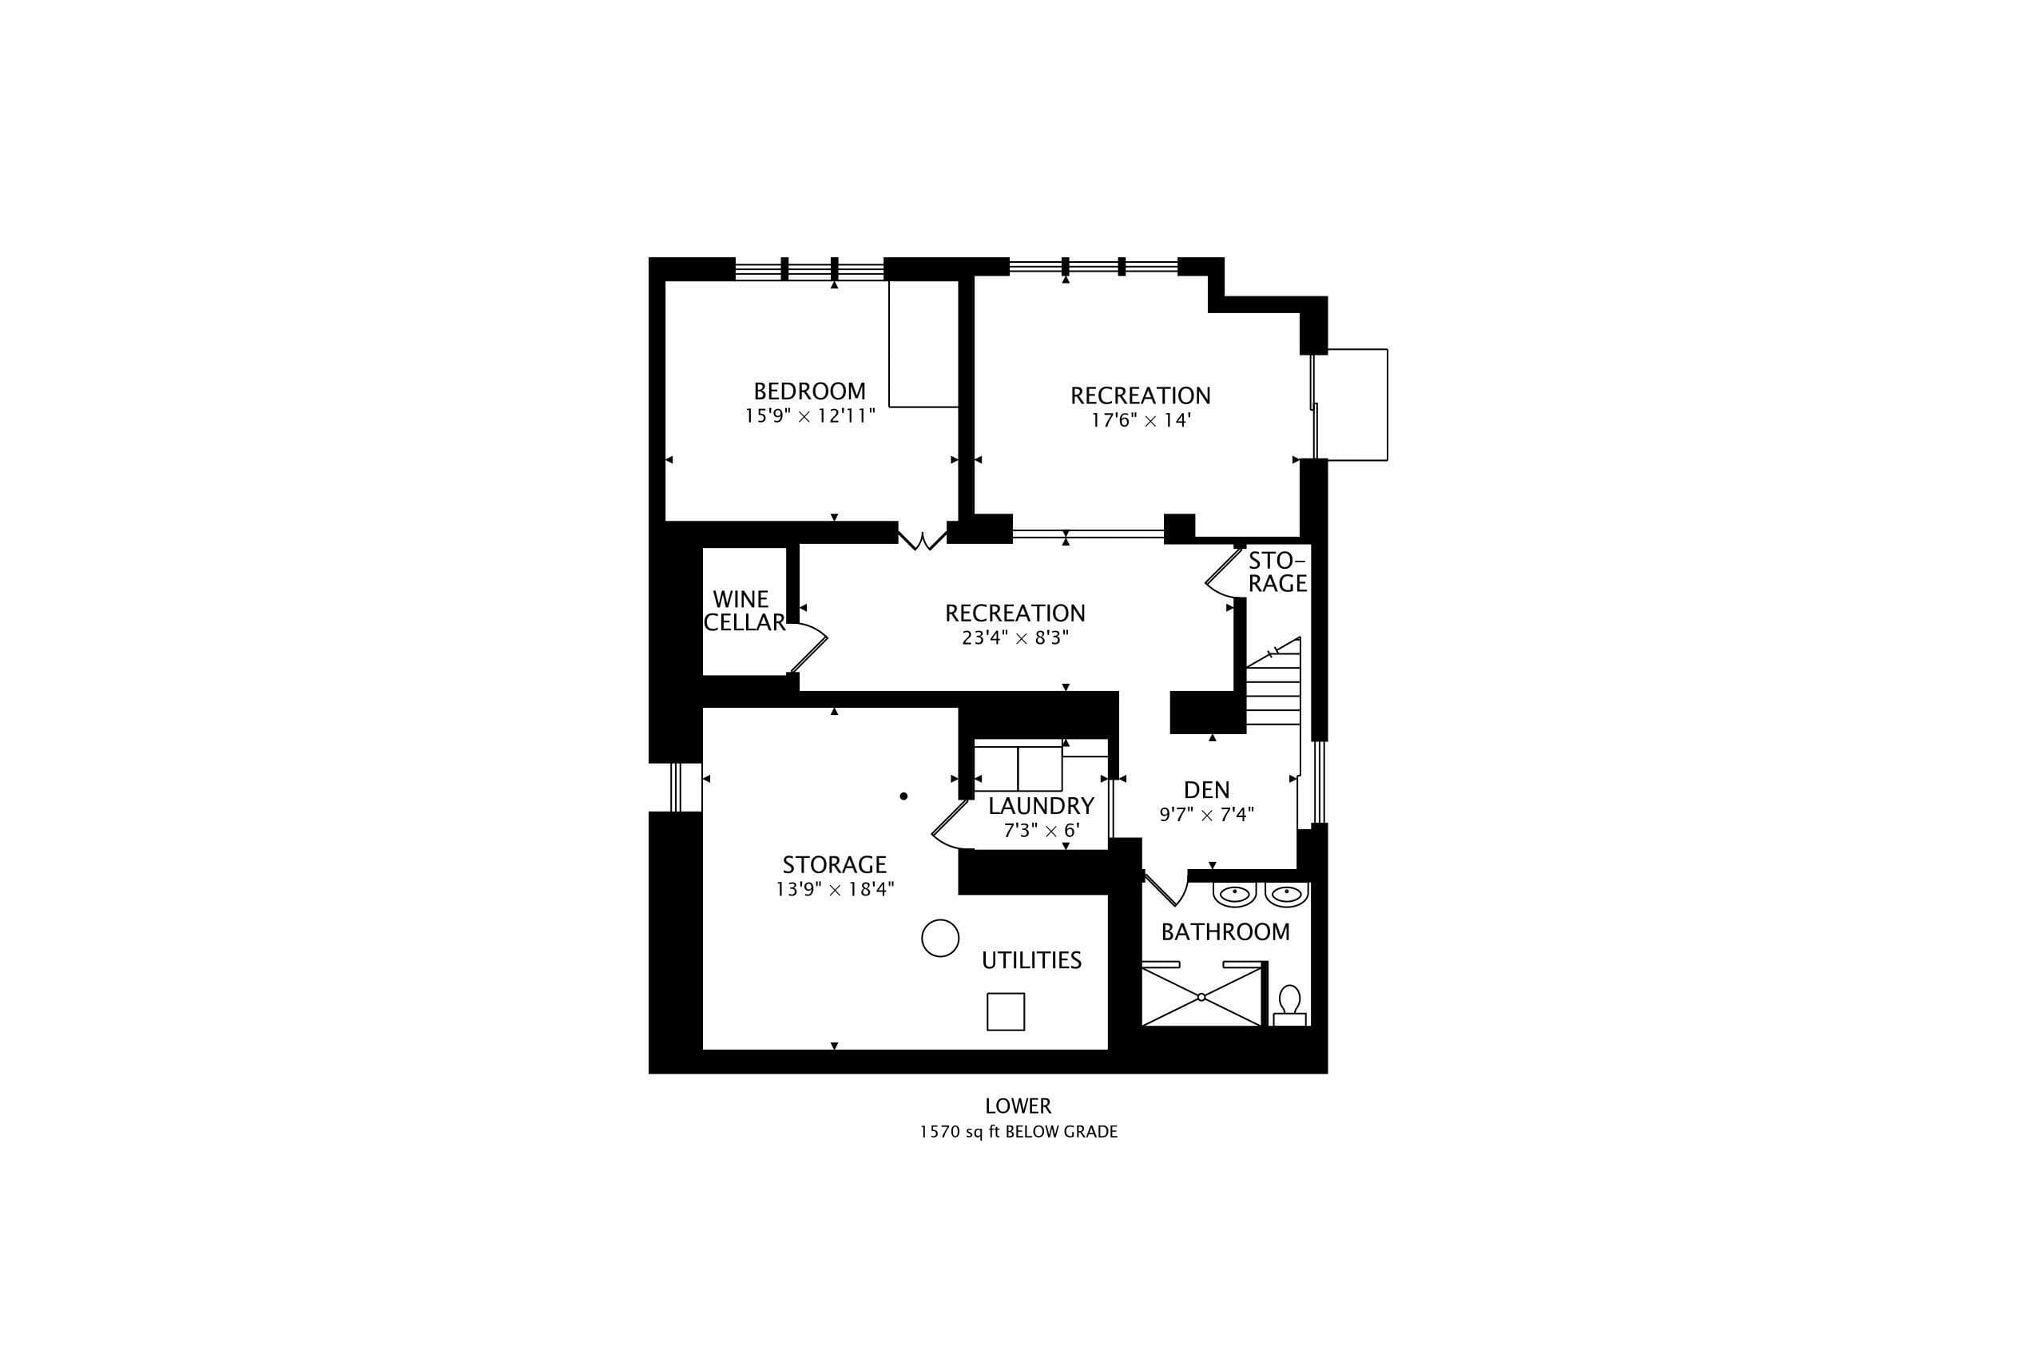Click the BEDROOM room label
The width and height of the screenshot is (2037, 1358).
click(809, 391)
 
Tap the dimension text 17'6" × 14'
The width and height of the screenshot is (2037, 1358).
click(1141, 421)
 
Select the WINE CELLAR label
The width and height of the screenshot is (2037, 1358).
click(744, 610)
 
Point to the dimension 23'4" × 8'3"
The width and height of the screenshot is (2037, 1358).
click(1015, 638)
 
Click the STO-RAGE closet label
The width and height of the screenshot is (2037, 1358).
click(1277, 572)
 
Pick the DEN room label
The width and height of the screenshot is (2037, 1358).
click(1206, 790)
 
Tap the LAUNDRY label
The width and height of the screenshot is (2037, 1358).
click(1041, 806)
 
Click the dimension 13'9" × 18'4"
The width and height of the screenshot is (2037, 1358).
click(835, 889)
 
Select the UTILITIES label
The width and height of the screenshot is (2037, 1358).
click(1031, 959)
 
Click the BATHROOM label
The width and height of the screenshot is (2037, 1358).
click(1225, 932)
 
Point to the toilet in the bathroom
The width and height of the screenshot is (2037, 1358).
click(1289, 1006)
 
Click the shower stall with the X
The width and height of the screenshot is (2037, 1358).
click(1202, 996)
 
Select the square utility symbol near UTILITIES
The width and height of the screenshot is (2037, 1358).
click(1006, 1011)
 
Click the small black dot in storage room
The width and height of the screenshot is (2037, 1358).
click(903, 796)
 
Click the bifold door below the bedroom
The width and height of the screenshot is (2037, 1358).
click(923, 541)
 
